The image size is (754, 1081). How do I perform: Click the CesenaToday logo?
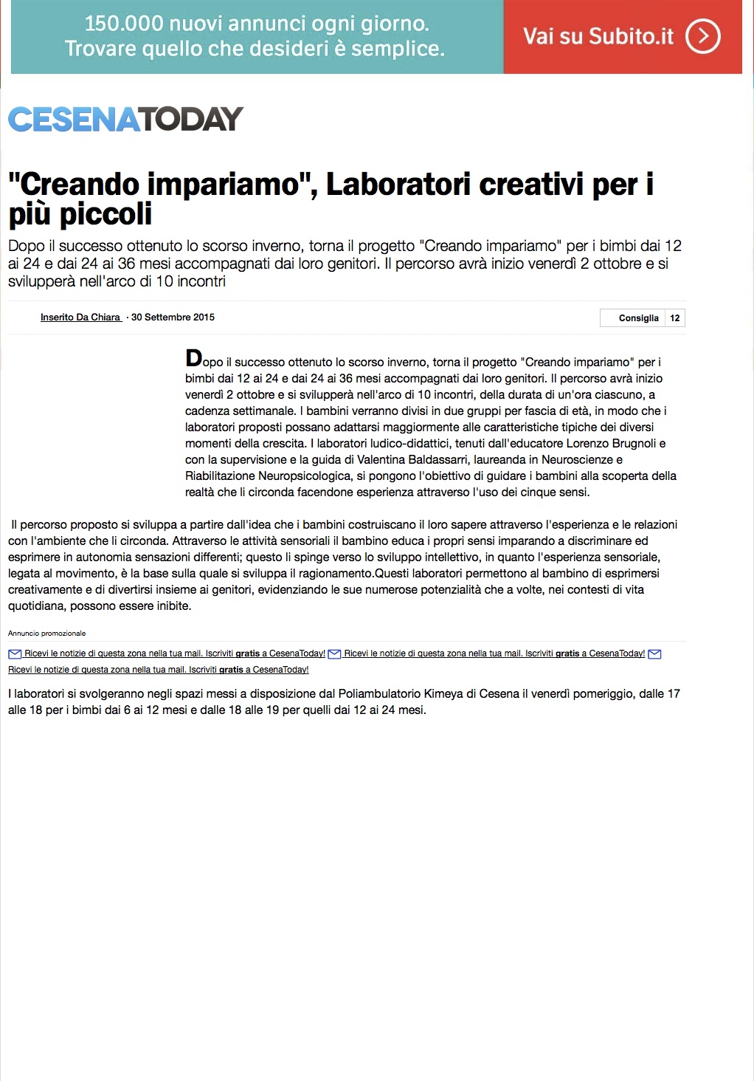[x=125, y=119]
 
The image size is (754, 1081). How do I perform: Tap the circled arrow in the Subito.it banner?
[x=702, y=36]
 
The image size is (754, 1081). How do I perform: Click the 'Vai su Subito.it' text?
[x=598, y=36]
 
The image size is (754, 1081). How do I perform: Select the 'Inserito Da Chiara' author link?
[x=80, y=318]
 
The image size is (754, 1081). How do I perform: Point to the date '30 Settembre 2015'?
[x=173, y=318]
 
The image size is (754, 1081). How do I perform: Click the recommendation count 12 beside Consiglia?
[x=674, y=318]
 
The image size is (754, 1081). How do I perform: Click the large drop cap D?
[x=193, y=360]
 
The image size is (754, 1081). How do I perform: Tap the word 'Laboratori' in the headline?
[x=398, y=185]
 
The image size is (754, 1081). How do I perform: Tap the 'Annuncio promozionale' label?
[x=46, y=634]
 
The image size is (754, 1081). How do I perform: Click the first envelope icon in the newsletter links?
[x=15, y=654]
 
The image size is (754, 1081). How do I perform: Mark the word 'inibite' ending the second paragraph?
[x=171, y=606]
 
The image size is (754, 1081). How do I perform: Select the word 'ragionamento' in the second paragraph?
[x=336, y=574]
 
